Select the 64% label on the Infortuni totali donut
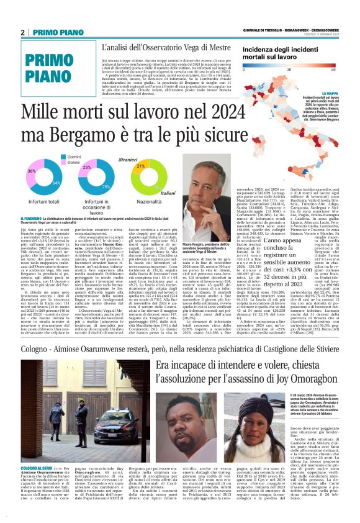(x=56, y=183)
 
